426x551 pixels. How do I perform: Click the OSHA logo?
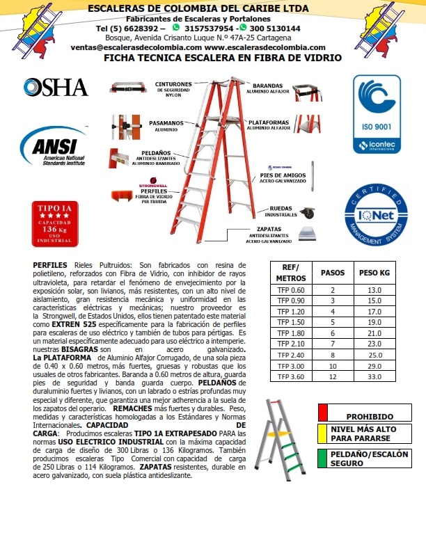point(56,87)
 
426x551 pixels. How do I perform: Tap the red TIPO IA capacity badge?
point(54,223)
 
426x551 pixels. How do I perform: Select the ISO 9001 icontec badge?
point(377,114)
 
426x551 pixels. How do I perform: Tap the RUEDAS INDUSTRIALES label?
point(281,211)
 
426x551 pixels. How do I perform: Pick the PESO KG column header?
point(372,273)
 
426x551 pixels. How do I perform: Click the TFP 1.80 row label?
point(292,333)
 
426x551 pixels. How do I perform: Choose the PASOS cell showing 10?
point(333,365)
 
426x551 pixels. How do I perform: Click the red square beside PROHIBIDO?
point(323,411)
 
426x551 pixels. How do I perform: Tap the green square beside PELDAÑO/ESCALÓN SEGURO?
point(323,457)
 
